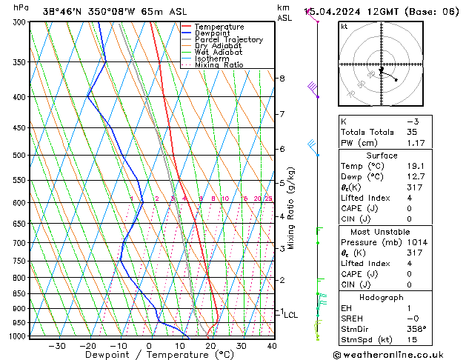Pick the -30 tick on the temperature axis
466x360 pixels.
56,346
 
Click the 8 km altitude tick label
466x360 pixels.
282,79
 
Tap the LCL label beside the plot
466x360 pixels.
291,315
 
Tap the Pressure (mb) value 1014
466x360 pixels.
415,241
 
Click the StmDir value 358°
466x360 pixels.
416,329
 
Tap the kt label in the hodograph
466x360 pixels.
344,26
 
